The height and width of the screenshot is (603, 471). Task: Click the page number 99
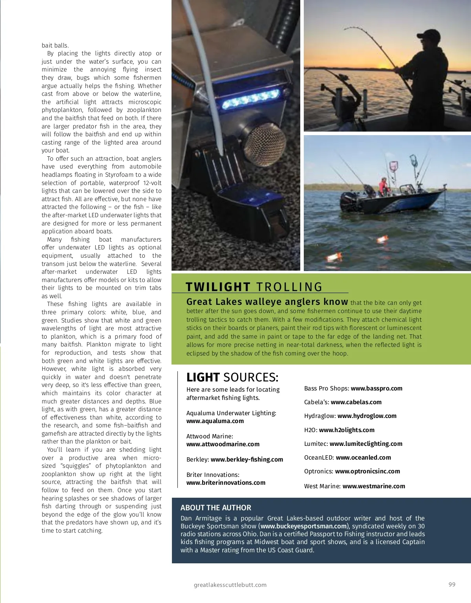[452, 585]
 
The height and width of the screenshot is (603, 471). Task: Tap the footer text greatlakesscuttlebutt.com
[230, 585]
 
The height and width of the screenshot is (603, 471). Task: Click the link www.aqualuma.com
[215, 421]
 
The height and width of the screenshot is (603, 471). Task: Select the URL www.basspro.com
[376, 389]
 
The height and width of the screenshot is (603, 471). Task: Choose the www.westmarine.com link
[374, 486]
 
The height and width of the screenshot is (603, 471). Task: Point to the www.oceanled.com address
[363, 458]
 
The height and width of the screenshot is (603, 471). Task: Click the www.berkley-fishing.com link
[247, 460]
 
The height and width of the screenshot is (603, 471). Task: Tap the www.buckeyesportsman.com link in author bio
[304, 526]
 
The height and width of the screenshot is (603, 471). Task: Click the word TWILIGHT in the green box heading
[218, 287]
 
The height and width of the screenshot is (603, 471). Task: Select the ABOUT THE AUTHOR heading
[216, 508]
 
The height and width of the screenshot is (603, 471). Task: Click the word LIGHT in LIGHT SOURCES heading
[203, 377]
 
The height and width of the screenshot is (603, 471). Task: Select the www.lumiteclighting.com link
[366, 444]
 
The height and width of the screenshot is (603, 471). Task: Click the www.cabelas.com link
[356, 402]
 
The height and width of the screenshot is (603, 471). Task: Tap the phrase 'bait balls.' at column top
[55, 46]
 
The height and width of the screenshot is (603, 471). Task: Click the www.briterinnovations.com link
[226, 483]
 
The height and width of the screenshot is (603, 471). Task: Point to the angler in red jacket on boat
[383, 187]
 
